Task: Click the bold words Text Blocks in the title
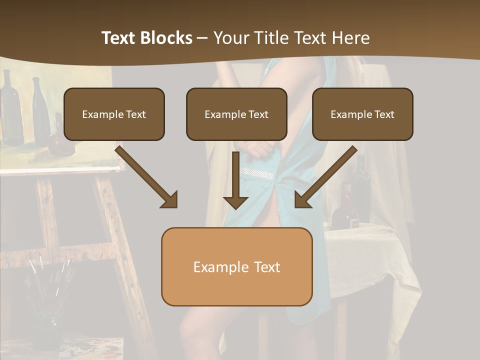146,38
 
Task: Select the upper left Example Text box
114,114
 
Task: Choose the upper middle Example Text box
236,114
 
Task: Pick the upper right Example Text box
362,114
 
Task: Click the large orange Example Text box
236,266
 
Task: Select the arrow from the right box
326,177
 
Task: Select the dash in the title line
202,38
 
